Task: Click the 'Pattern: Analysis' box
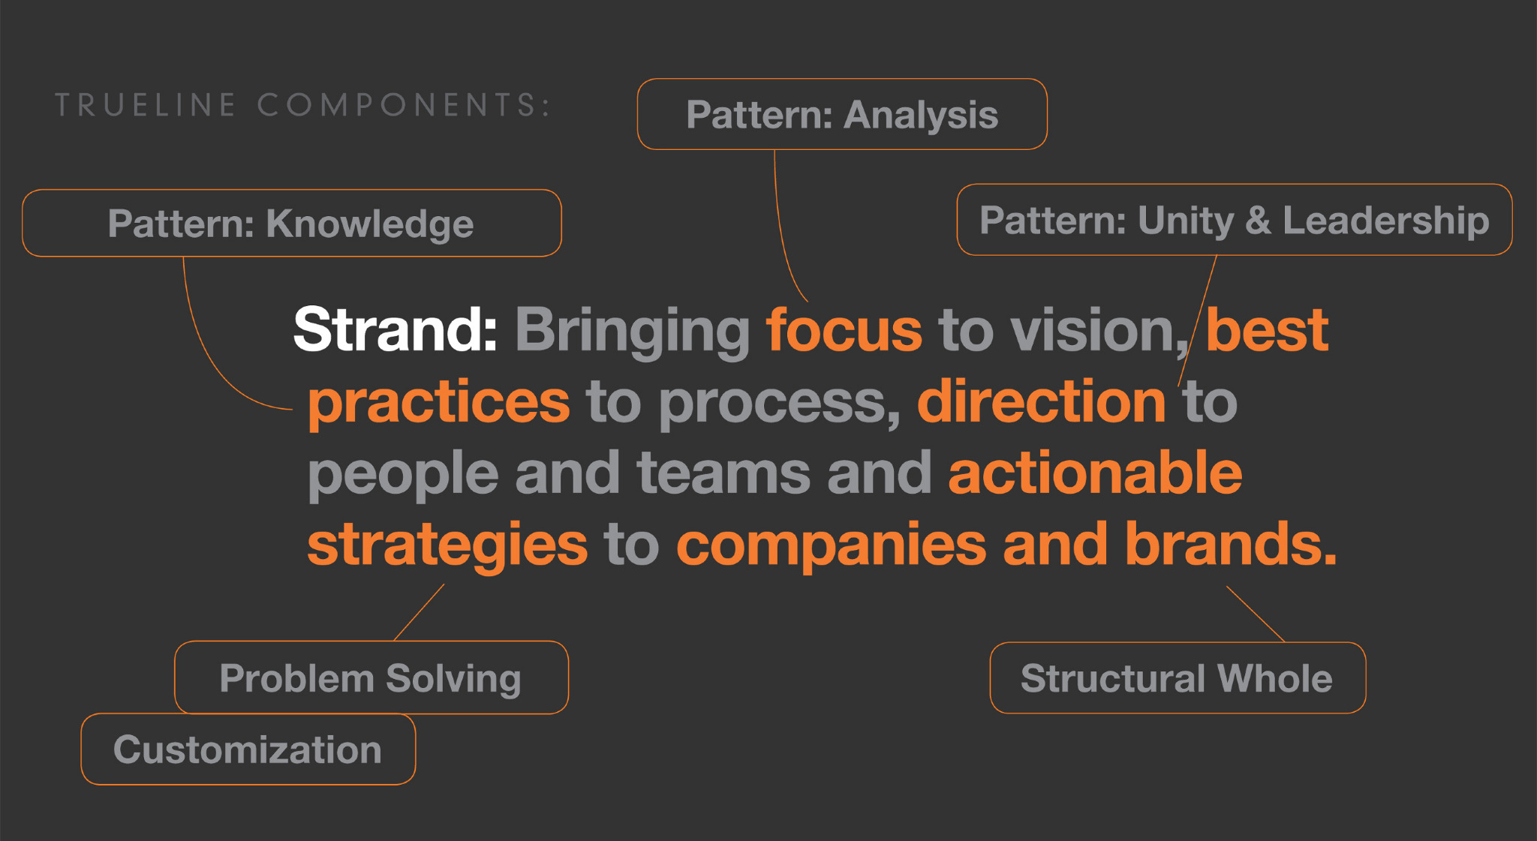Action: pyautogui.click(x=842, y=114)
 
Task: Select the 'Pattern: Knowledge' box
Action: pyautogui.click(x=292, y=223)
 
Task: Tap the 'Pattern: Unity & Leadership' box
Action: pyautogui.click(x=1235, y=220)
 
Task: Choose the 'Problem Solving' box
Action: pyautogui.click(x=371, y=677)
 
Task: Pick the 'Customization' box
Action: pyautogui.click(x=248, y=749)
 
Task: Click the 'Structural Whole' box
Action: pyautogui.click(x=1178, y=677)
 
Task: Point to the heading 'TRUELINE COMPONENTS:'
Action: pyautogui.click(x=303, y=105)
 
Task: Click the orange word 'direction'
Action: pyautogui.click(x=1042, y=401)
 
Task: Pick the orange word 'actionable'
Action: pyautogui.click(x=1095, y=472)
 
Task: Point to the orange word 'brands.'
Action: pyautogui.click(x=1231, y=543)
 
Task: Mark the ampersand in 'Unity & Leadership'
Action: pyautogui.click(x=1258, y=221)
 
